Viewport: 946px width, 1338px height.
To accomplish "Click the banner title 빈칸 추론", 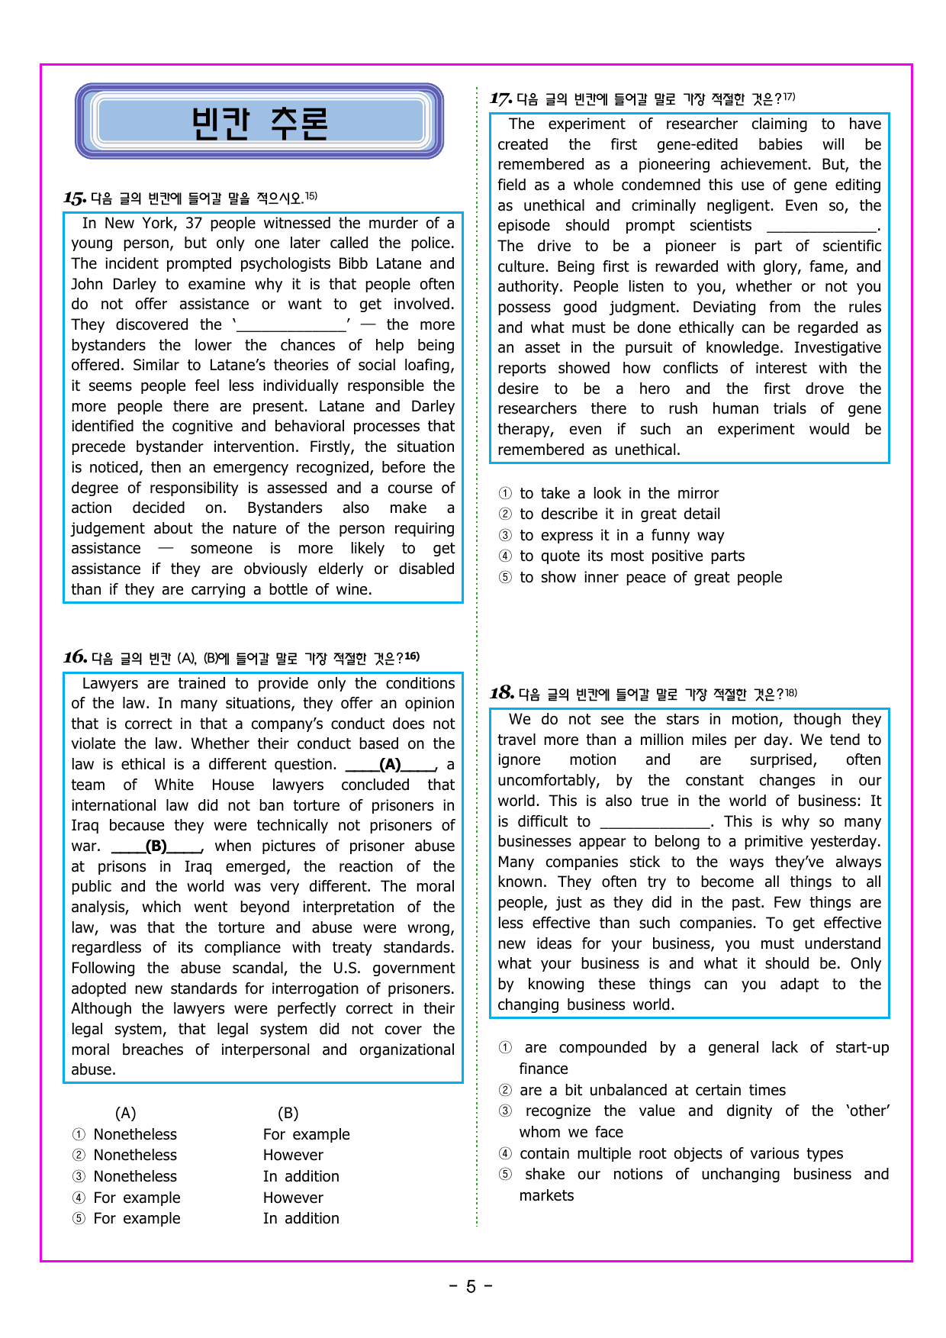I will pos(259,122).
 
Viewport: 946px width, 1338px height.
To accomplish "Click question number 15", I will pos(75,198).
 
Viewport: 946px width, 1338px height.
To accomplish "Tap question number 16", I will pos(75,657).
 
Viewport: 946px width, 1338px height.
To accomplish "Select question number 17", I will pos(500,98).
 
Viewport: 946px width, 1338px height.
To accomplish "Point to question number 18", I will pos(501,693).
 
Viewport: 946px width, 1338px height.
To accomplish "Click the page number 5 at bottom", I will pos(471,1287).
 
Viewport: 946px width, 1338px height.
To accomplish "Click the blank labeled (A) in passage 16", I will pos(391,765).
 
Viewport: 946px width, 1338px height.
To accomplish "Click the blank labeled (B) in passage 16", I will pos(156,846).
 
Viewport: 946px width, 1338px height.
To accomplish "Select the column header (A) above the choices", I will pos(125,1113).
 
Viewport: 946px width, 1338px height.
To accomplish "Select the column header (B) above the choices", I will pos(288,1113).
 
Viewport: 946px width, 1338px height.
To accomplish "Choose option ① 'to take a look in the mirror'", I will pos(619,494).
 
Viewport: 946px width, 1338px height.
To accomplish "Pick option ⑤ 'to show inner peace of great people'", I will pos(650,578).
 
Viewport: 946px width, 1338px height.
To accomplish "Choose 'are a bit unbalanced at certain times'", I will pos(652,1091).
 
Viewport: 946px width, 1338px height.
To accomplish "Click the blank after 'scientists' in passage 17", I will pos(822,227).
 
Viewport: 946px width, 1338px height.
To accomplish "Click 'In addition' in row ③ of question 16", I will pos(301,1177).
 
